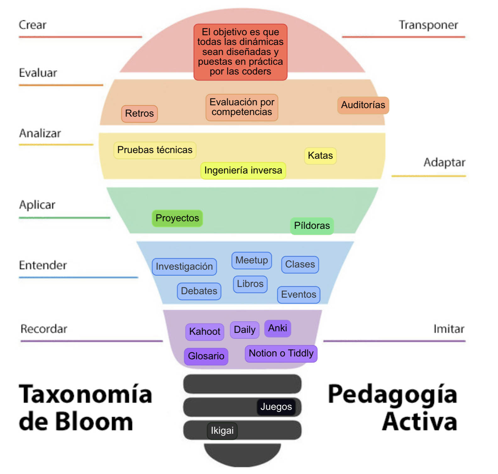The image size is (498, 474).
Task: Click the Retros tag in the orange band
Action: [x=139, y=113]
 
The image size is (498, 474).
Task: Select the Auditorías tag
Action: [x=363, y=105]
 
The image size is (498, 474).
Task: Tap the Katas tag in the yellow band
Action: [x=320, y=156]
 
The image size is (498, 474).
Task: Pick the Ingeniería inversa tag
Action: [x=243, y=170]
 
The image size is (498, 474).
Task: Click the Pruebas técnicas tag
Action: [x=155, y=150]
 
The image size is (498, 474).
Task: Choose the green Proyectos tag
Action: [x=177, y=218]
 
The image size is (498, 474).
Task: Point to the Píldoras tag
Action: [x=312, y=226]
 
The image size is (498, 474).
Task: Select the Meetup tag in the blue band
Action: [x=252, y=260]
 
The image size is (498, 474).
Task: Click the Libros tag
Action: [x=250, y=284]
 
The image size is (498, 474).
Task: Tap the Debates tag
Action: [x=199, y=291]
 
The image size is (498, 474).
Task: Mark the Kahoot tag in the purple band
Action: [x=205, y=332]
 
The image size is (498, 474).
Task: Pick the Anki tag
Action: [x=277, y=328]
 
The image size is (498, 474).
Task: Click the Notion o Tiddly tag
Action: [x=281, y=353]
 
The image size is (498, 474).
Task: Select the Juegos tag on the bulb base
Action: [x=276, y=407]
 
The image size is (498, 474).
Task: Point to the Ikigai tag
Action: [x=222, y=431]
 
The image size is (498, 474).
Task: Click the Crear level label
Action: [x=32, y=25]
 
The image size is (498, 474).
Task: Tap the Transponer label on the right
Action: [x=428, y=25]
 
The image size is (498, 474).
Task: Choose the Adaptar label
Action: [x=444, y=163]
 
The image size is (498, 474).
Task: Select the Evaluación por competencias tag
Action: [x=242, y=107]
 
